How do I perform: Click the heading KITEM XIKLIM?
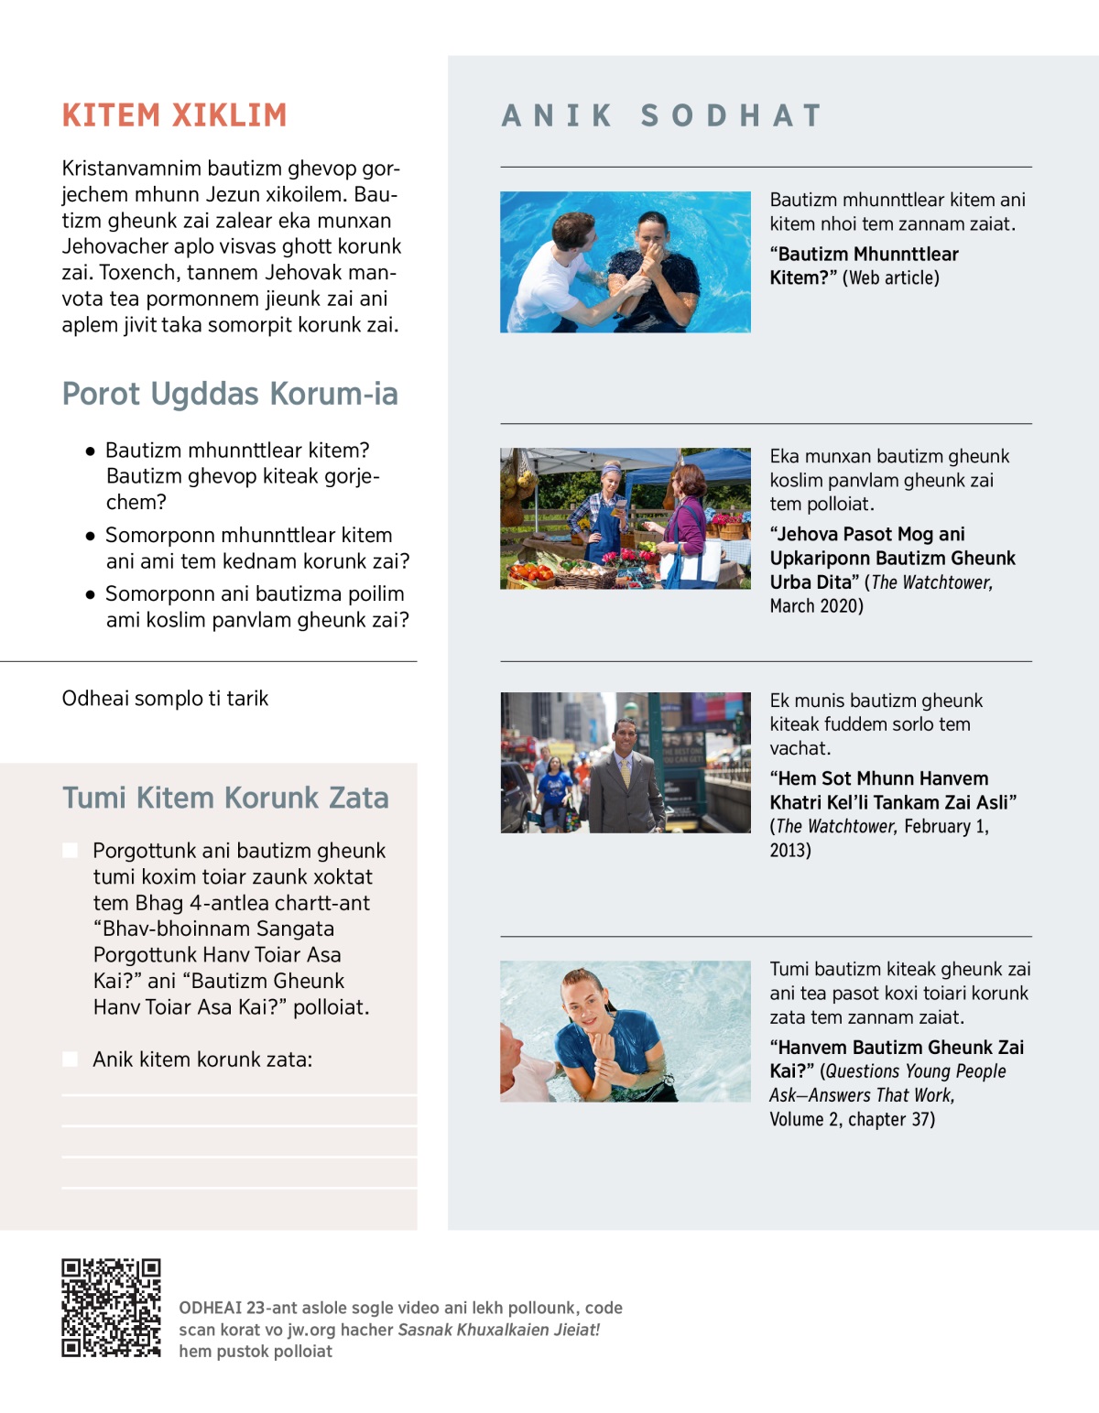[x=174, y=115]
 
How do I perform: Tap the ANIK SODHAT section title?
[x=661, y=116]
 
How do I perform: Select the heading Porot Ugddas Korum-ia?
[x=230, y=394]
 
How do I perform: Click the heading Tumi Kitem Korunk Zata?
[x=225, y=798]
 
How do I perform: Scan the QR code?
[x=111, y=1308]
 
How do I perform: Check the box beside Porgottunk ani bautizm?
[x=70, y=851]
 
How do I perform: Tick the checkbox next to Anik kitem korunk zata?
[x=70, y=1060]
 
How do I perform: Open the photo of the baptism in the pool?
[x=625, y=262]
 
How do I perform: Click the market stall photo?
[x=625, y=518]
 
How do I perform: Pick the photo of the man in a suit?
[x=625, y=762]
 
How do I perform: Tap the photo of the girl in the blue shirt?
[x=625, y=1030]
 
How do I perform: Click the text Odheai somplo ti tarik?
[x=165, y=699]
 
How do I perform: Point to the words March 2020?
[x=815, y=606]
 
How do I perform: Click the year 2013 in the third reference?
[x=789, y=850]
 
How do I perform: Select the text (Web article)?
[x=891, y=278]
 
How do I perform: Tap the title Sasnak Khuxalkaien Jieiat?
[x=498, y=1330]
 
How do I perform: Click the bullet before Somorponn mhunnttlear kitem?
[x=90, y=536]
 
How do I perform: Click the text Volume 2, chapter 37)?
[x=852, y=1119]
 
